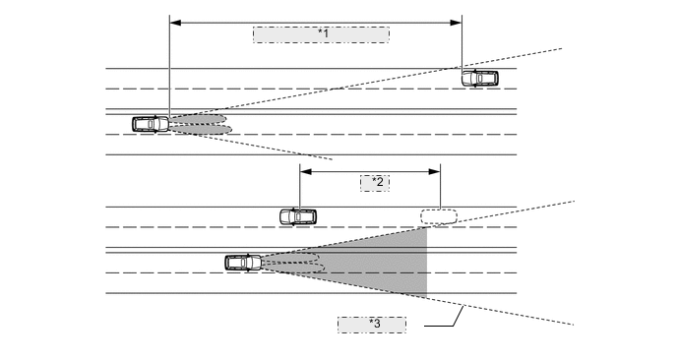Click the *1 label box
coord(321,34)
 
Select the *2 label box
coord(374,183)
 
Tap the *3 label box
coord(372,324)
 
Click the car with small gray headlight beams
coord(151,124)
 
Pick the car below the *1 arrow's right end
coord(479,78)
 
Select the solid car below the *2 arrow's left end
coord(297,216)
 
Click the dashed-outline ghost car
coord(439,216)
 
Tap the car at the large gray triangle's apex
coord(242,263)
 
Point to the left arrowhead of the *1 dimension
coord(174,20)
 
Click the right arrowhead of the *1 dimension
coord(458,20)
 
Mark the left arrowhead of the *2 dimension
coord(303,170)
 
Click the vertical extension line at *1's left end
coord(169,69)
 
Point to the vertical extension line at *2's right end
coord(439,192)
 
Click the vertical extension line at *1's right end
coord(462,44)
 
